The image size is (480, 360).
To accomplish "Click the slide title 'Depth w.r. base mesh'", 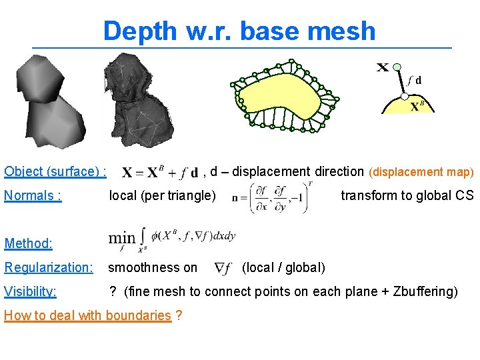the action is click(239, 31).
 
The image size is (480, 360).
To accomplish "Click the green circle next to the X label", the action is click(397, 67).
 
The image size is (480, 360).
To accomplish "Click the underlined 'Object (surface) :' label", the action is click(55, 171).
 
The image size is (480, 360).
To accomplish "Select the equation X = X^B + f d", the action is click(160, 173).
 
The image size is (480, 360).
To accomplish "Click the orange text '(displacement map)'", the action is click(421, 172).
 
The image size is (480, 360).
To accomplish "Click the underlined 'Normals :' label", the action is click(33, 195).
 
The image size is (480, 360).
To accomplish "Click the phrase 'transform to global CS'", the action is click(407, 195).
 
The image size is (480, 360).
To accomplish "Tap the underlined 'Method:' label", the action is click(28, 243).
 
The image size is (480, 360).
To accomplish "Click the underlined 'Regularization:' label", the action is click(49, 267).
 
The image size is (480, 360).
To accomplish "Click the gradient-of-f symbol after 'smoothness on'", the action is click(223, 268).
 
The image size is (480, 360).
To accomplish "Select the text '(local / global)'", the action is click(283, 267).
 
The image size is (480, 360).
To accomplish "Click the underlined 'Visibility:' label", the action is click(30, 291).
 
